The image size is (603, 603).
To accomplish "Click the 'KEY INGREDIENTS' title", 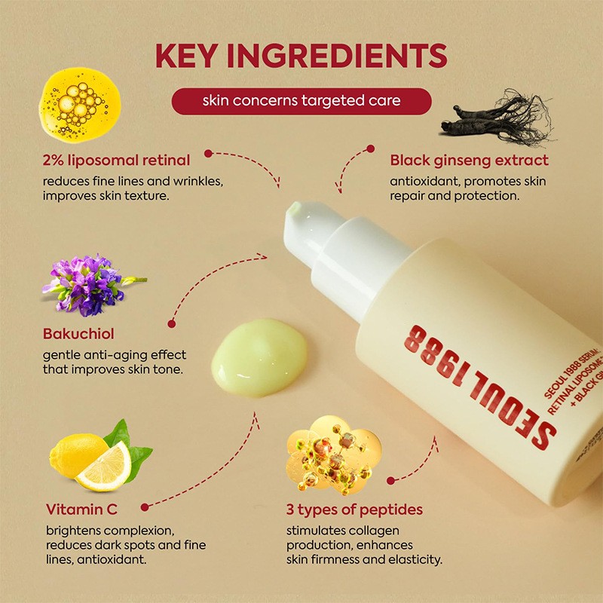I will pyautogui.click(x=301, y=57).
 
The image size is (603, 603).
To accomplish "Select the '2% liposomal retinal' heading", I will pyautogui.click(x=116, y=160).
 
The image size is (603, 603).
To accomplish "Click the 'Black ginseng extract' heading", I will pyautogui.click(x=469, y=160).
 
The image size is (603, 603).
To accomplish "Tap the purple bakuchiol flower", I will pyautogui.click(x=87, y=284).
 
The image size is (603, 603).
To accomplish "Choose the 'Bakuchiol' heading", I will pyautogui.click(x=79, y=333).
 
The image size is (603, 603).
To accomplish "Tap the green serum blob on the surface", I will pyautogui.click(x=260, y=353).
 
